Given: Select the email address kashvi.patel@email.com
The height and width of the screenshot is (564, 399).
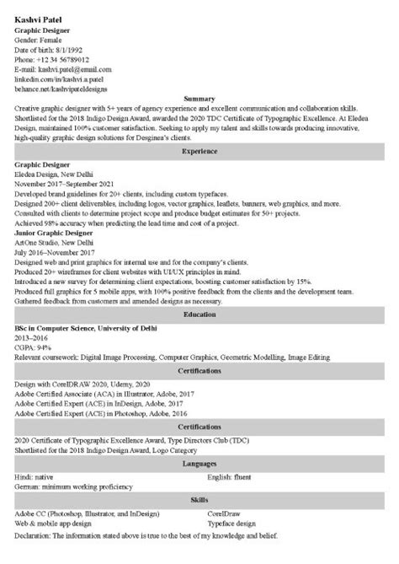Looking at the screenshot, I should click(x=64, y=69).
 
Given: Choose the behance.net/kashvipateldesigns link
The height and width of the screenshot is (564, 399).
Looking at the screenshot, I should click(x=63, y=88).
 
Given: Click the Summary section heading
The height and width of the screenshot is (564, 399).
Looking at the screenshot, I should click(x=199, y=99).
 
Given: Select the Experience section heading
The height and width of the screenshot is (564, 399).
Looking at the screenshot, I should click(x=199, y=152).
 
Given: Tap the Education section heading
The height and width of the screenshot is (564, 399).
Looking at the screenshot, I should click(x=199, y=314).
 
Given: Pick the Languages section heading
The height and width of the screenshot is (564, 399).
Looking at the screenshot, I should click(x=199, y=464).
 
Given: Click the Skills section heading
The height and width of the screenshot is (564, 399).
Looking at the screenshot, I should click(x=199, y=499).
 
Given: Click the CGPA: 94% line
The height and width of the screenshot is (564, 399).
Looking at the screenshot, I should click(x=33, y=346).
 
